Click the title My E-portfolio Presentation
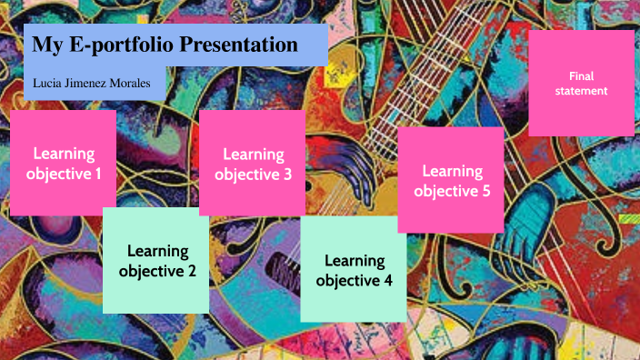click(165, 45)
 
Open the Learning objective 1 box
click(64, 163)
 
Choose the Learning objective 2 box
click(157, 260)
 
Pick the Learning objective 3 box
click(253, 164)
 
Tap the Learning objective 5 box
click(452, 180)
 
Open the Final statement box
click(581, 83)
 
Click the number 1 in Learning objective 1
click(98, 173)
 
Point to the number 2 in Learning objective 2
click(192, 270)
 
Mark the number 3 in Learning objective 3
click(287, 174)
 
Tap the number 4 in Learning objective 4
click(388, 281)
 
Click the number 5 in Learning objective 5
click(486, 191)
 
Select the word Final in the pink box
click(581, 75)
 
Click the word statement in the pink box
click(581, 91)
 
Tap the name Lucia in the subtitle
click(47, 83)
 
